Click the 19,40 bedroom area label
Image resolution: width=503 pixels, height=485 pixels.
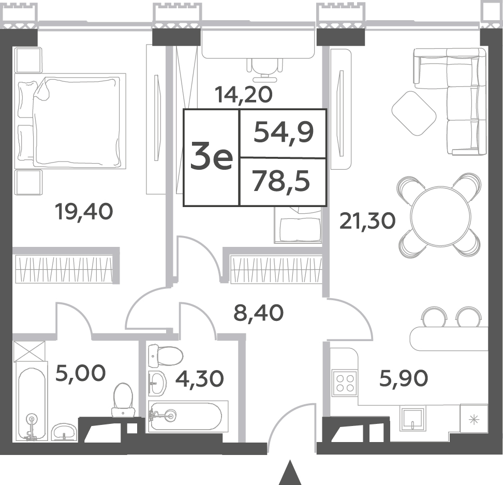[84, 212]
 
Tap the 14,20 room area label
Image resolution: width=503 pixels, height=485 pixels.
[244, 95]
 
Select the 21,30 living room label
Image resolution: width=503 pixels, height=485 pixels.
[367, 222]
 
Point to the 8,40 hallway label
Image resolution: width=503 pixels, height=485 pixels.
[259, 313]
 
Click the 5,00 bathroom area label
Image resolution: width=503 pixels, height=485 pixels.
[80, 373]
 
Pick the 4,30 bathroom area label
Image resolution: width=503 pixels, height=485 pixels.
[200, 378]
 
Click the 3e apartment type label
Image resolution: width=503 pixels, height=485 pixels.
[212, 156]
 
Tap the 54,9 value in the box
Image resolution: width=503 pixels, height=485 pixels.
[284, 133]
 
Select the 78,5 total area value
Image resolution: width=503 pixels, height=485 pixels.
[282, 181]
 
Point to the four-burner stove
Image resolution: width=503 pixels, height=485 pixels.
[345, 383]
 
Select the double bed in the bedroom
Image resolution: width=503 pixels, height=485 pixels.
[70, 121]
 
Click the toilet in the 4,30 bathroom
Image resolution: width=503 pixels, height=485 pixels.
[166, 356]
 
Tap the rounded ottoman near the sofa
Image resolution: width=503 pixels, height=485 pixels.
[414, 113]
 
